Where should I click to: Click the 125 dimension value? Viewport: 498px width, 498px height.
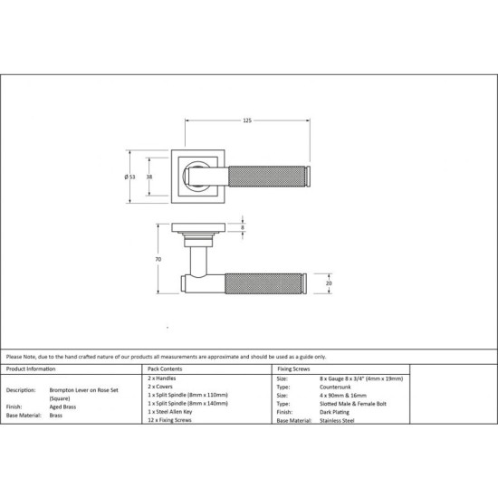click(x=247, y=120)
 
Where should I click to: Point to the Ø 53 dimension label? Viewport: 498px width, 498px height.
click(x=129, y=177)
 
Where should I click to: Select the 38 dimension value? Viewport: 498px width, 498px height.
click(x=149, y=177)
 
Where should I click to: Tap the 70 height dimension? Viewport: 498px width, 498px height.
click(x=158, y=259)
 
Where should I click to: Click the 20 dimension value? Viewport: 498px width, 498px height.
click(x=329, y=283)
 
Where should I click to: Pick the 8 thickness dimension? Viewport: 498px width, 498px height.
click(x=243, y=227)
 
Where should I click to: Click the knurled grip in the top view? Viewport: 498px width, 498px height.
click(x=267, y=177)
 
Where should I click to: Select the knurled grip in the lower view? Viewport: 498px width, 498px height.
click(x=263, y=283)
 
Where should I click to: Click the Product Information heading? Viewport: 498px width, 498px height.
click(x=31, y=369)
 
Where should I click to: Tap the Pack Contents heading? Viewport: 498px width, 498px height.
click(x=165, y=369)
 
